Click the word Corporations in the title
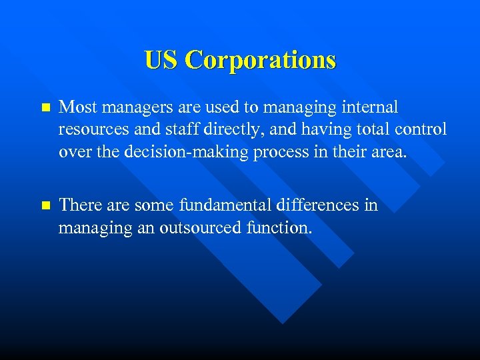pyautogui.click(x=261, y=61)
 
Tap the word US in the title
pyautogui.click(x=161, y=61)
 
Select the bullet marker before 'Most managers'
pyautogui.click(x=45, y=107)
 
